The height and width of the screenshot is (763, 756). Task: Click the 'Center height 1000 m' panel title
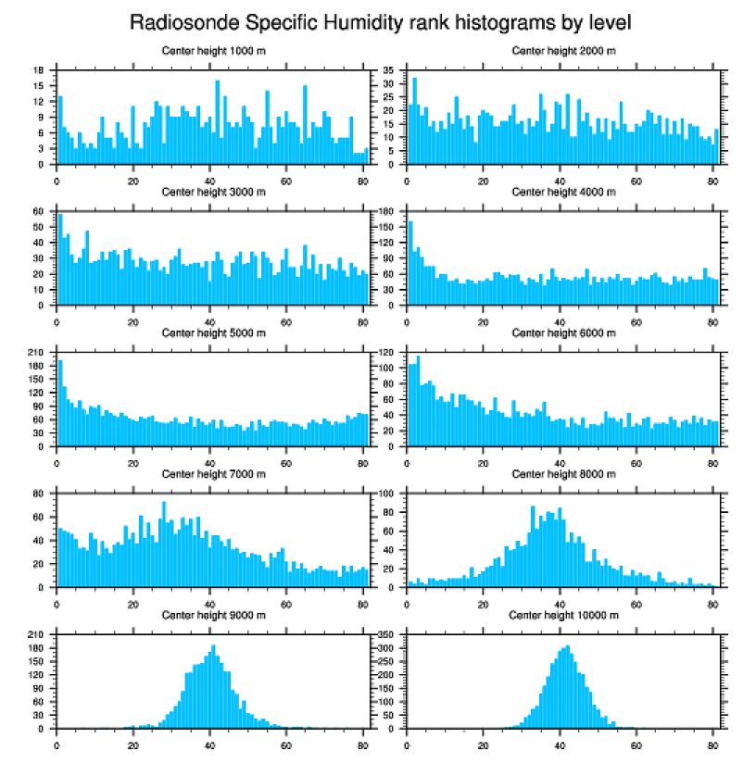click(x=213, y=50)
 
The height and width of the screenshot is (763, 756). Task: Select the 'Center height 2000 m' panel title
click(x=563, y=50)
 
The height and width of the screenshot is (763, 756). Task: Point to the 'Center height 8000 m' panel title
click(x=563, y=474)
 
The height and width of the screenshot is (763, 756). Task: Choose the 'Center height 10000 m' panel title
click(x=563, y=615)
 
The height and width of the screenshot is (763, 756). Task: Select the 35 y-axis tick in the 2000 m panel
click(x=390, y=70)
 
